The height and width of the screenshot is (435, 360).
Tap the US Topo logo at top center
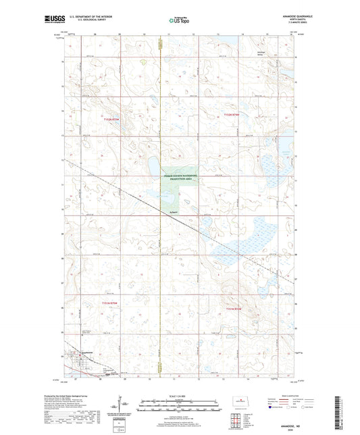tap(178, 21)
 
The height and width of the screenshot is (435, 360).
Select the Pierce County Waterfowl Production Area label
tap(178, 177)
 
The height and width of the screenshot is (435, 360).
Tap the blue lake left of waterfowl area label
tap(154, 165)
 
